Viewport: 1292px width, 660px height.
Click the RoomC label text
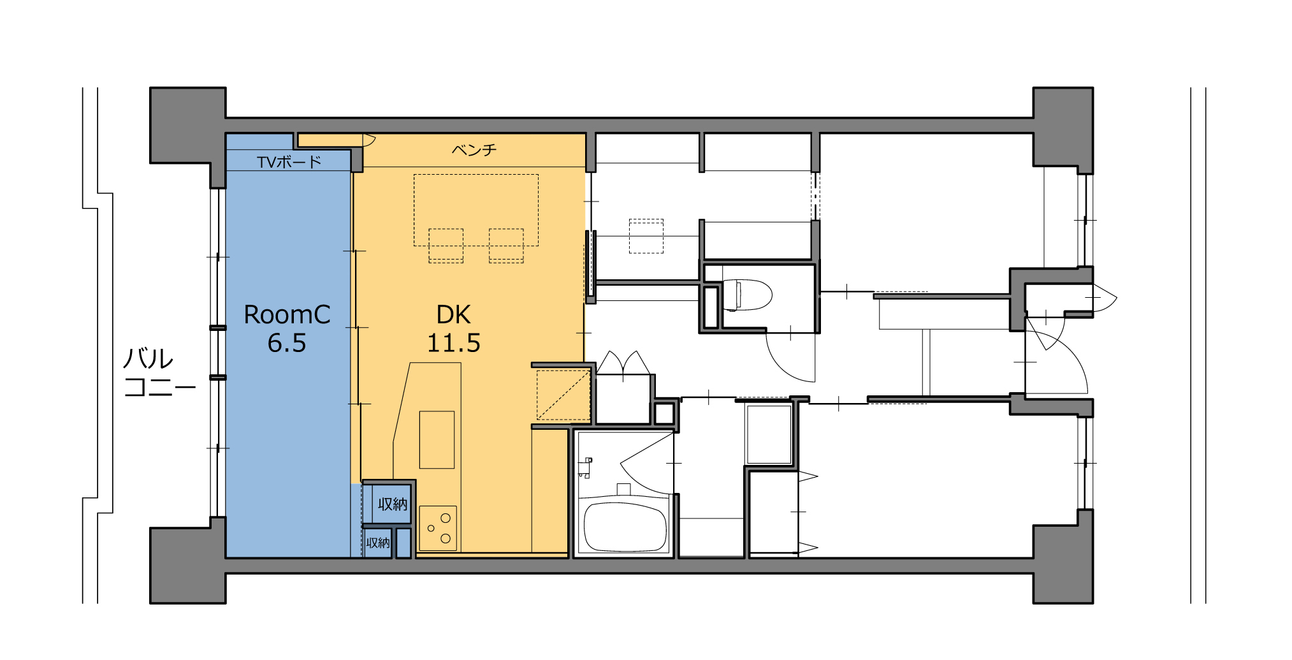(287, 314)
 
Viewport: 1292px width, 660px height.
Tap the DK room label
(453, 314)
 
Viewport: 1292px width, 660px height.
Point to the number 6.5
(287, 343)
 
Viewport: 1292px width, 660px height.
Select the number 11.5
(453, 343)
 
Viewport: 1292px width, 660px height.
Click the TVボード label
(289, 162)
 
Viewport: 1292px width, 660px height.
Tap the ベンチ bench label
(474, 150)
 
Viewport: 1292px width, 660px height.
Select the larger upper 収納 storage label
(393, 504)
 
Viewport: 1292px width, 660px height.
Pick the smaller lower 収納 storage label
(378, 543)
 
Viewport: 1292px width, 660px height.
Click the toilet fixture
(746, 295)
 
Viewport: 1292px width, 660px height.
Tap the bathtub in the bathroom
(625, 527)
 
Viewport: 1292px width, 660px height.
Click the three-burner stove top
(438, 529)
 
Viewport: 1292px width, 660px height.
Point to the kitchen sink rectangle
(437, 440)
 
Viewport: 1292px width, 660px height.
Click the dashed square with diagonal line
(563, 395)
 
